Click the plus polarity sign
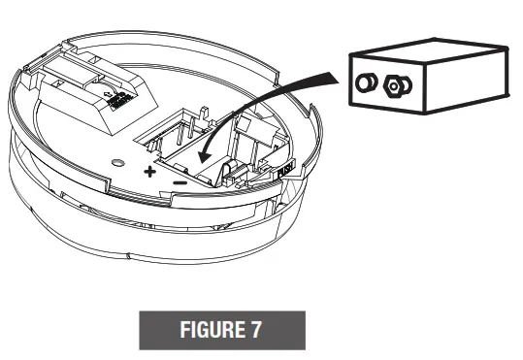pyautogui.click(x=150, y=172)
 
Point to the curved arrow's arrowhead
pyautogui.click(x=203, y=155)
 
